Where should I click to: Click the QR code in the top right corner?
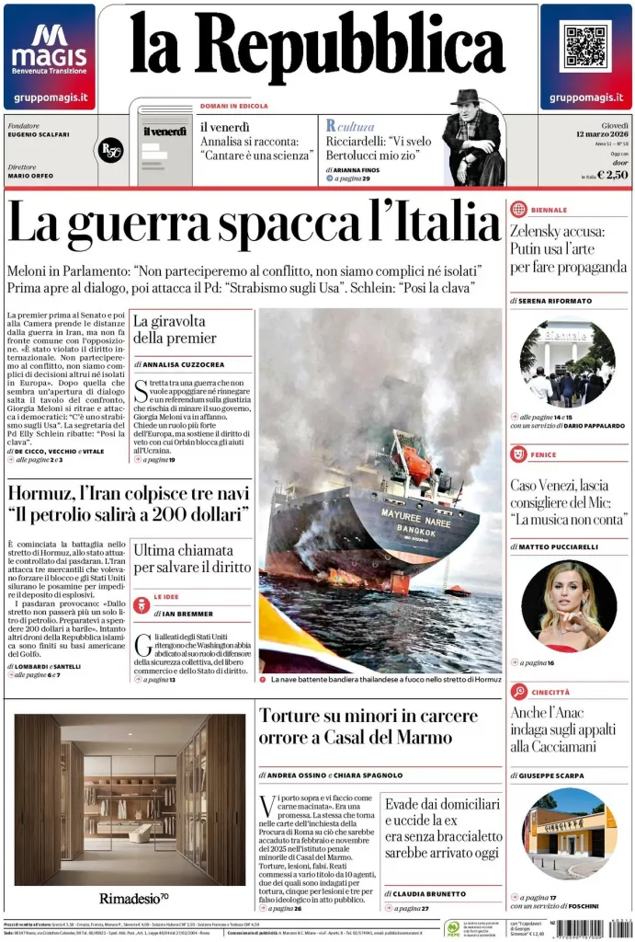click(x=585, y=48)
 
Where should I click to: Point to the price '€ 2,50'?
click(x=612, y=175)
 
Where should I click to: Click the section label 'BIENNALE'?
click(x=550, y=210)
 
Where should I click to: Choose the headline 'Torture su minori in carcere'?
click(x=368, y=716)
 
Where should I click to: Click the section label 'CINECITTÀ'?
click(x=550, y=692)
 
